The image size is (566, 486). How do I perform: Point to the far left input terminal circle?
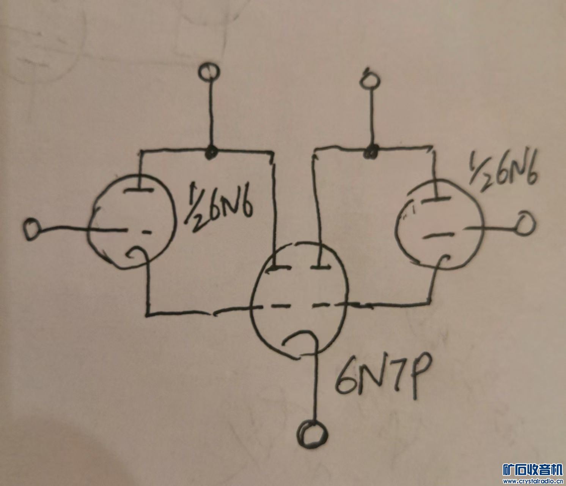point(31,229)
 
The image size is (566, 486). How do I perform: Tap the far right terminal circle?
point(525,224)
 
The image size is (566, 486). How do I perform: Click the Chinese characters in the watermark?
point(533,470)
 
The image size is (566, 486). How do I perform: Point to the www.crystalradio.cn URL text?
point(533,481)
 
